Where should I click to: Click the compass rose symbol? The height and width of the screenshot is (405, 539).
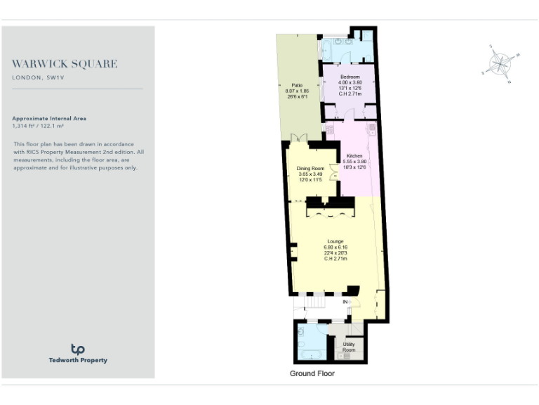pyautogui.click(x=500, y=64)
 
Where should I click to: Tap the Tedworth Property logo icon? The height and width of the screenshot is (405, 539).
pyautogui.click(x=78, y=349)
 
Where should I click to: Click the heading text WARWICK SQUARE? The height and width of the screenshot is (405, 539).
pyautogui.click(x=65, y=64)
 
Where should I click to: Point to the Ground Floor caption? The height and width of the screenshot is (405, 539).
pyautogui.click(x=312, y=373)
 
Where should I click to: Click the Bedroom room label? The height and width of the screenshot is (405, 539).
pyautogui.click(x=350, y=76)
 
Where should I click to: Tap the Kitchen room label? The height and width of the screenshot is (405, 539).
pyautogui.click(x=354, y=155)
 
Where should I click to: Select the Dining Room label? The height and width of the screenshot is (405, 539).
pyautogui.click(x=310, y=169)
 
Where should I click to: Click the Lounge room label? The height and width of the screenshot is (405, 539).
pyautogui.click(x=335, y=241)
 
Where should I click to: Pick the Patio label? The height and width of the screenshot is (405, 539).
pyautogui.click(x=297, y=85)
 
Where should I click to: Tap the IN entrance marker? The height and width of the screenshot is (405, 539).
pyautogui.click(x=345, y=302)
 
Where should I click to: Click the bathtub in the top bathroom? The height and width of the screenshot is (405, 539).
pyautogui.click(x=328, y=50)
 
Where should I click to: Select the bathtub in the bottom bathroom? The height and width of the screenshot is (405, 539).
pyautogui.click(x=303, y=342)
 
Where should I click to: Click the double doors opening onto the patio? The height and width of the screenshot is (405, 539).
pyautogui.click(x=299, y=137)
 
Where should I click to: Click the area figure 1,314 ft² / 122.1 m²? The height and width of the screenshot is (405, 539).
pyautogui.click(x=44, y=127)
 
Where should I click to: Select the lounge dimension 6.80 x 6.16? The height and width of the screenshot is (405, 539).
pyautogui.click(x=335, y=247)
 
